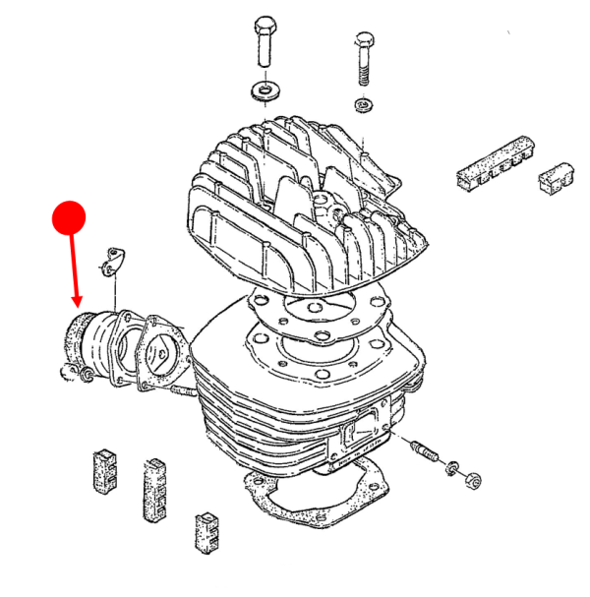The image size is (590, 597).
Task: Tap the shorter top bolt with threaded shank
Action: [x=363, y=59]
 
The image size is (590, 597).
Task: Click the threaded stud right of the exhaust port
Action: [x=427, y=453]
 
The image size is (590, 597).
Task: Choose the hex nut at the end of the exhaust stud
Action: [x=471, y=480]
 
